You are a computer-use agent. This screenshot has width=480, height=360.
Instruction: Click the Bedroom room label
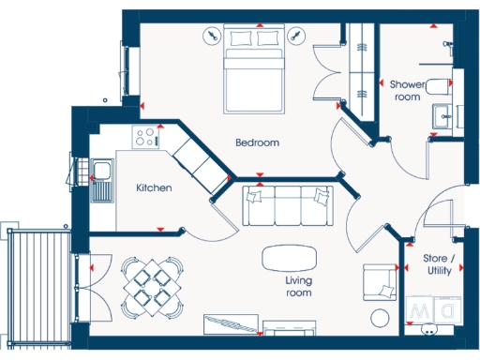(x=257, y=142)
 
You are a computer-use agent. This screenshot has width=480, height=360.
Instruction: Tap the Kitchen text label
(x=154, y=187)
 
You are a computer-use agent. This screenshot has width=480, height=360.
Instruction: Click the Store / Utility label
(x=439, y=263)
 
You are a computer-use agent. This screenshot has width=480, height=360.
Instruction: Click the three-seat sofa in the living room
(x=288, y=205)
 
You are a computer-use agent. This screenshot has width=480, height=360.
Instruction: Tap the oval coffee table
(x=289, y=256)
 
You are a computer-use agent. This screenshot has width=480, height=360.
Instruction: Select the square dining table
(x=151, y=285)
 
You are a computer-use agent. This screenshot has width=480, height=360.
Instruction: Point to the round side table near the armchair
(x=382, y=315)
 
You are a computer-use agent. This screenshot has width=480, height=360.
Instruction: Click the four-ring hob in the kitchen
(x=145, y=138)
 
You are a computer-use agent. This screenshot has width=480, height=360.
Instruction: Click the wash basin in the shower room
(x=442, y=117)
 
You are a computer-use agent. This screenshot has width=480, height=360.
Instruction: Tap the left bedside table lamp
(x=213, y=36)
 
